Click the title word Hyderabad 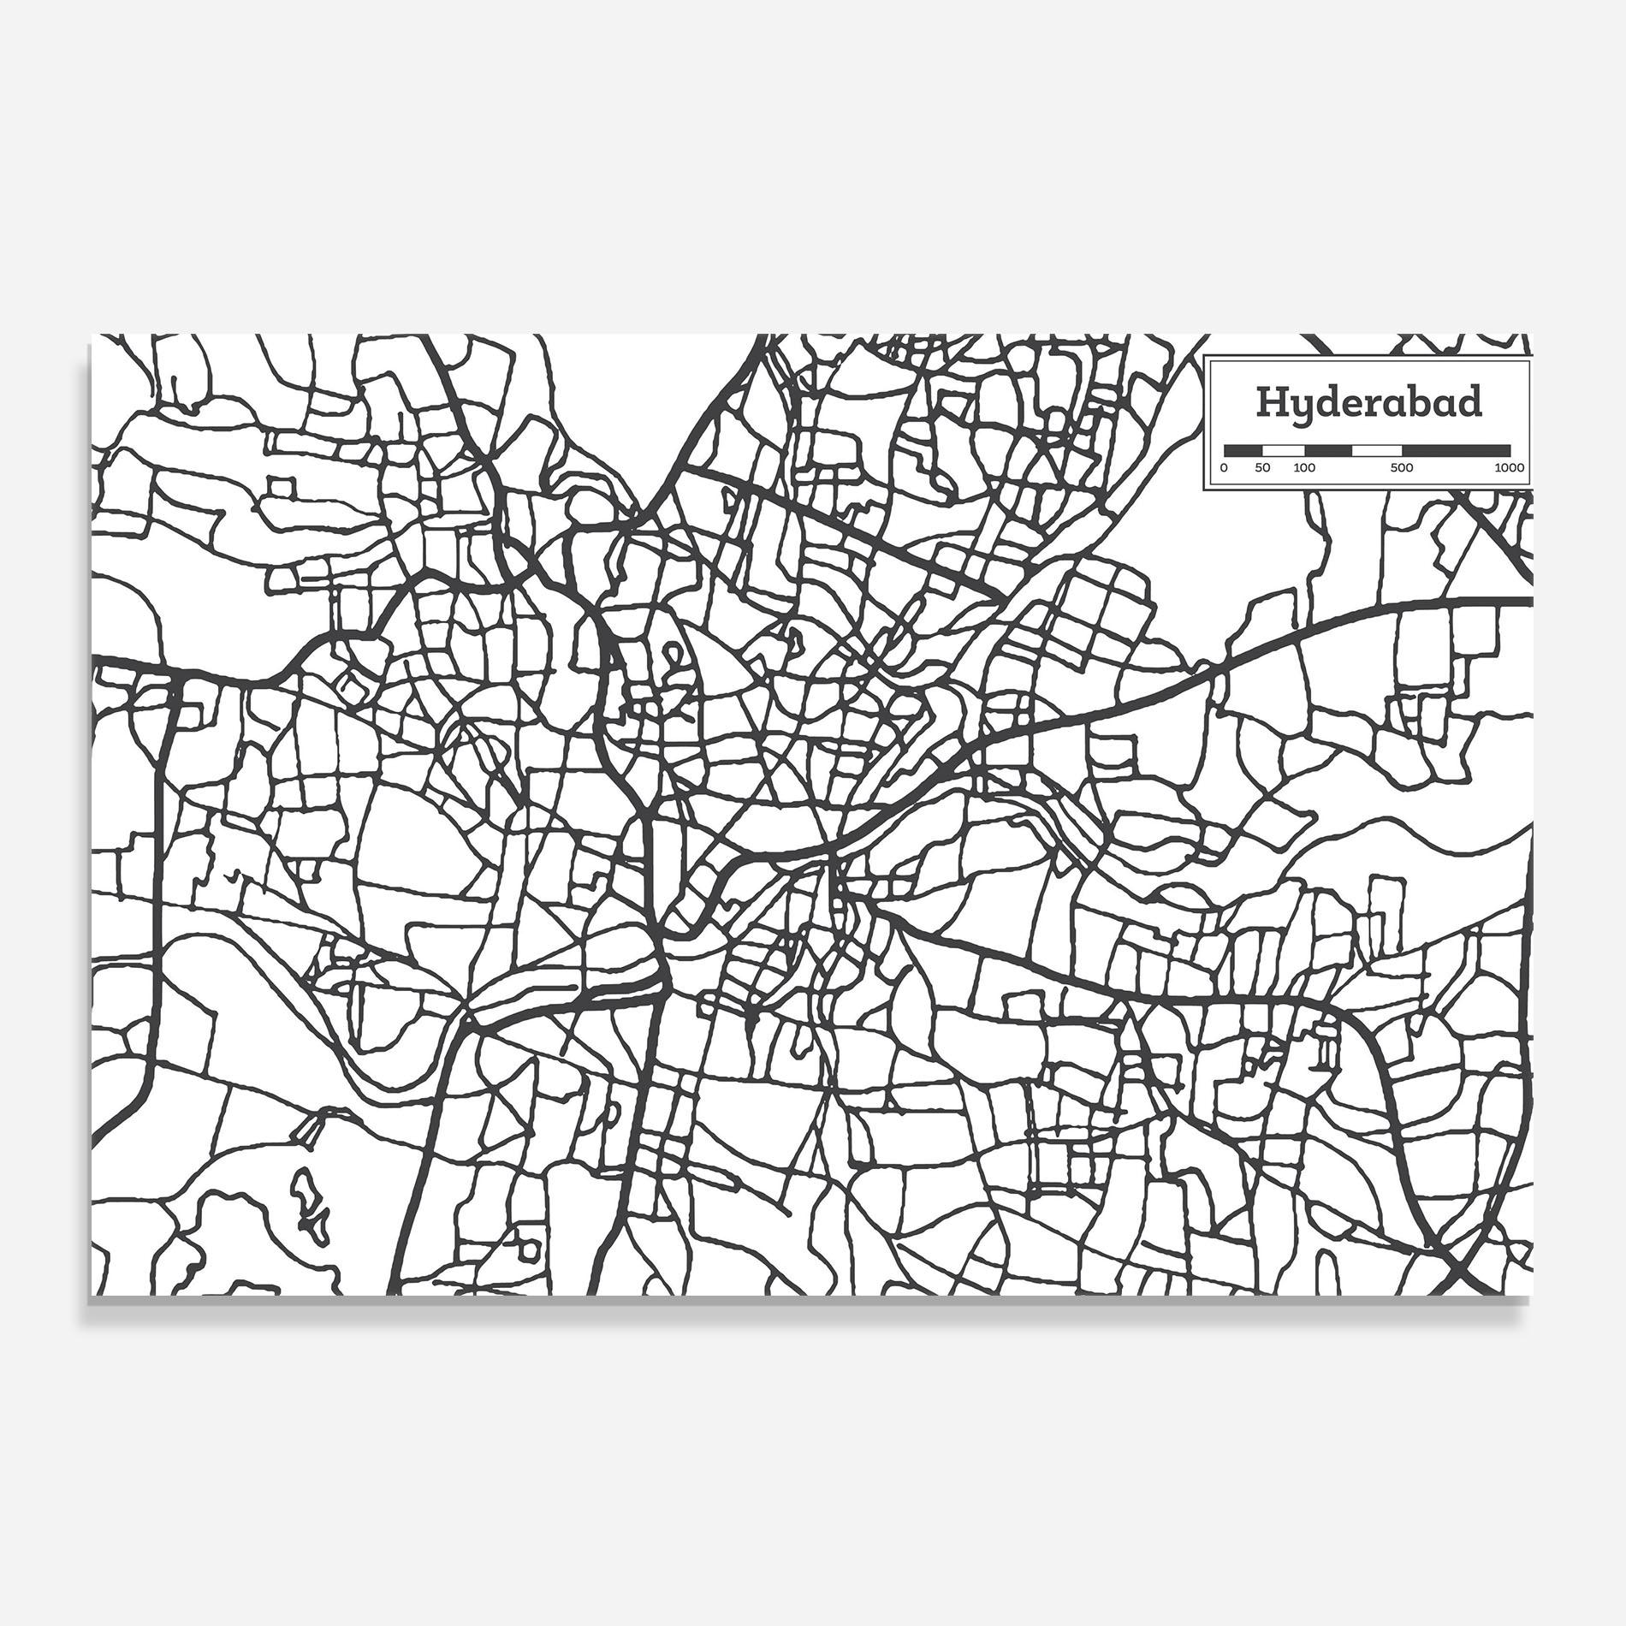pyautogui.click(x=1368, y=402)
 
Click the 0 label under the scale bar pyautogui.click(x=1224, y=468)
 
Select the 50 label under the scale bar pyautogui.click(x=1263, y=468)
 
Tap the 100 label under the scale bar pyautogui.click(x=1304, y=468)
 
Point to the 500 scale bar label pyautogui.click(x=1402, y=468)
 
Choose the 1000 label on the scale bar pyautogui.click(x=1510, y=468)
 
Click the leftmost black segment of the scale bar pyautogui.click(x=1243, y=450)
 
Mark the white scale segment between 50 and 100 pyautogui.click(x=1284, y=450)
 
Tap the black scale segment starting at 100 pyautogui.click(x=1328, y=450)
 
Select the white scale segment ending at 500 pyautogui.click(x=1377, y=450)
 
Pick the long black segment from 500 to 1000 pyautogui.click(x=1456, y=450)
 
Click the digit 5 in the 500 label pyautogui.click(x=1394, y=468)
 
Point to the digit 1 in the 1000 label pyautogui.click(x=1498, y=468)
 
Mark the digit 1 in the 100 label pyautogui.click(x=1297, y=468)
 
